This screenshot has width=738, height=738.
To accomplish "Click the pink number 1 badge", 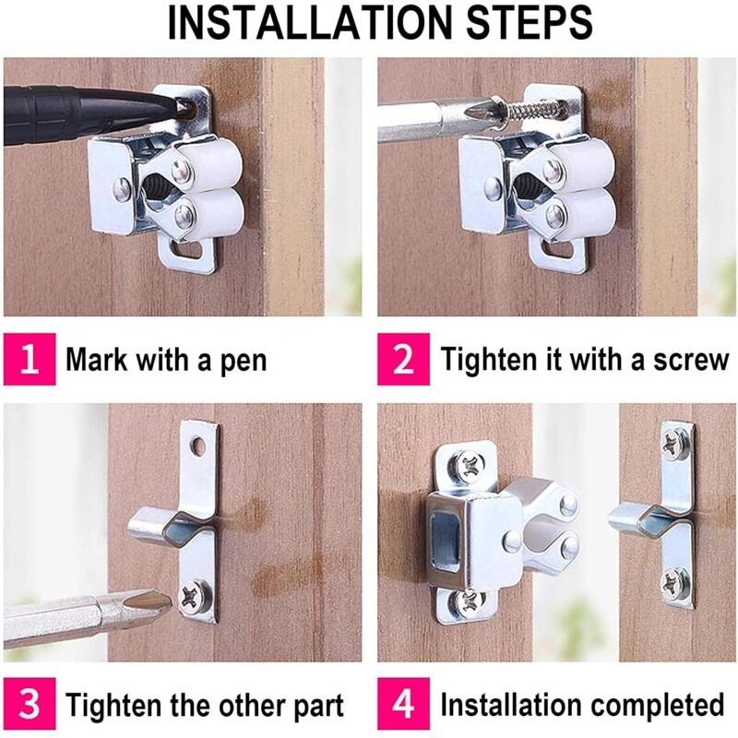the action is (30, 359).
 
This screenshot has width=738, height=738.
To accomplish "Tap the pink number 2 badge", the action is (403, 359).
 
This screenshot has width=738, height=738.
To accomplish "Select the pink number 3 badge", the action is (30, 704).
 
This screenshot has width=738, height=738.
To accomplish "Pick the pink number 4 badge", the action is (403, 704).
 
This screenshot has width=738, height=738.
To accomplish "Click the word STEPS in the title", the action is (529, 22).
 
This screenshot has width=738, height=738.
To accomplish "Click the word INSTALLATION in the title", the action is (312, 22).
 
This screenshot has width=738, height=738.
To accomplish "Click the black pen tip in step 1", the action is (183, 107).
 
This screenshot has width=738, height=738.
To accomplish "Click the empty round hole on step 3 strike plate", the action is (198, 446).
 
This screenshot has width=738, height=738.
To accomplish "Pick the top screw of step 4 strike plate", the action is (674, 444).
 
